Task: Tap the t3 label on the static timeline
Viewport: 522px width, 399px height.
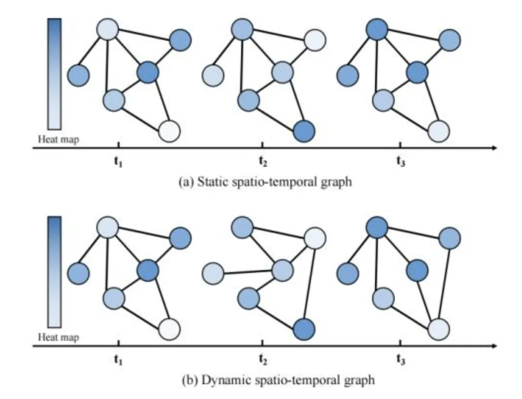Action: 401,162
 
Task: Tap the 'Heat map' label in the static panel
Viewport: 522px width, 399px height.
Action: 58,140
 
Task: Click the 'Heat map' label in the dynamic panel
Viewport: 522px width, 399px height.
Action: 58,337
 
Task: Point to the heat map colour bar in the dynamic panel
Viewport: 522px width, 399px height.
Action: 54,272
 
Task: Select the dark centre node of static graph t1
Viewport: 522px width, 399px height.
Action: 147,73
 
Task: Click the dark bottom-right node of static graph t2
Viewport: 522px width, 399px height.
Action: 304,130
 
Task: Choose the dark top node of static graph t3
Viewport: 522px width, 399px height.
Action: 377,30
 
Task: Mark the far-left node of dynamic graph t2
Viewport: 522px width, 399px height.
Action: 213,274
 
